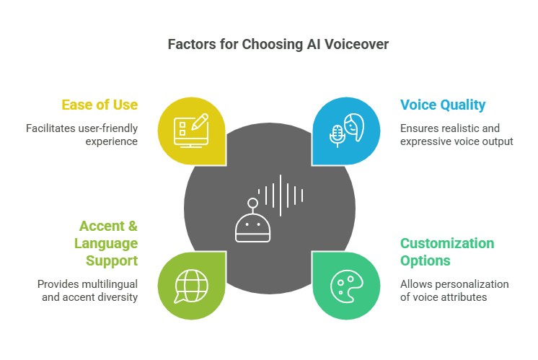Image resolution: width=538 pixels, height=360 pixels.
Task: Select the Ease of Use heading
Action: point(100,105)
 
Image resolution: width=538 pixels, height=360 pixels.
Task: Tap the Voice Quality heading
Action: point(443,105)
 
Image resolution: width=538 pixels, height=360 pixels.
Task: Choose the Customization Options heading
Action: point(447,252)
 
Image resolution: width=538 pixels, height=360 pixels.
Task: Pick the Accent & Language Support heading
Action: point(106,242)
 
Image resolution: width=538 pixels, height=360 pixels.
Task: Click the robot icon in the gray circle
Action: point(252,224)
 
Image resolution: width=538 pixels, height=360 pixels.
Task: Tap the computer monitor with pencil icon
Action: point(191,130)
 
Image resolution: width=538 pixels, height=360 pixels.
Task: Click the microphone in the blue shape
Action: point(337,134)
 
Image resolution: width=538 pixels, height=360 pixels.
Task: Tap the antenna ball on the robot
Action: point(252,203)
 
